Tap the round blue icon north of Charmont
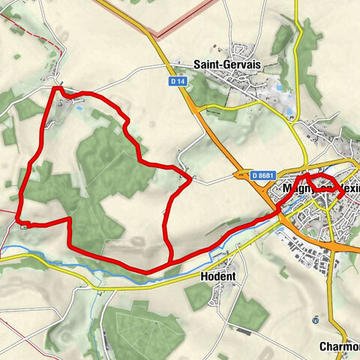pos(316,319)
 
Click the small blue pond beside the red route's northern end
pos(97,113)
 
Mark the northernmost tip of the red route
pos(57,88)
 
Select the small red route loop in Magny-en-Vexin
pos(325,184)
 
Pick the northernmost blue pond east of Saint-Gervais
pos(281,88)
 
